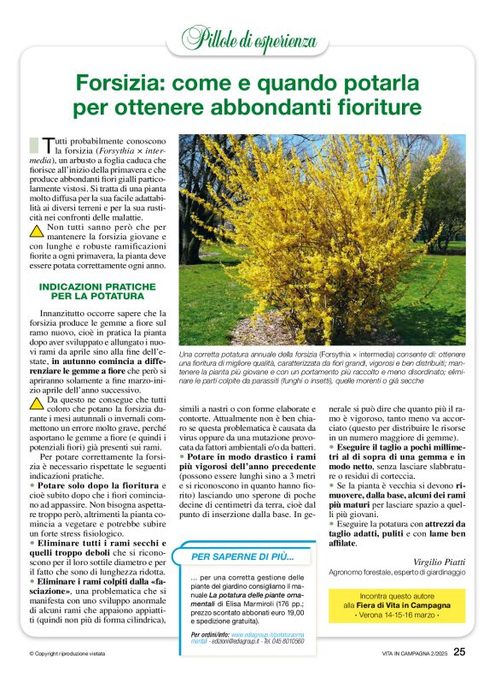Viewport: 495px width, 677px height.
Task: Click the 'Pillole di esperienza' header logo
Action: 248,38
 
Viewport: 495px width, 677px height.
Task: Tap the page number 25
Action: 459,651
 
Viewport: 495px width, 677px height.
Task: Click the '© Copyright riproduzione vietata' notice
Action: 70,653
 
